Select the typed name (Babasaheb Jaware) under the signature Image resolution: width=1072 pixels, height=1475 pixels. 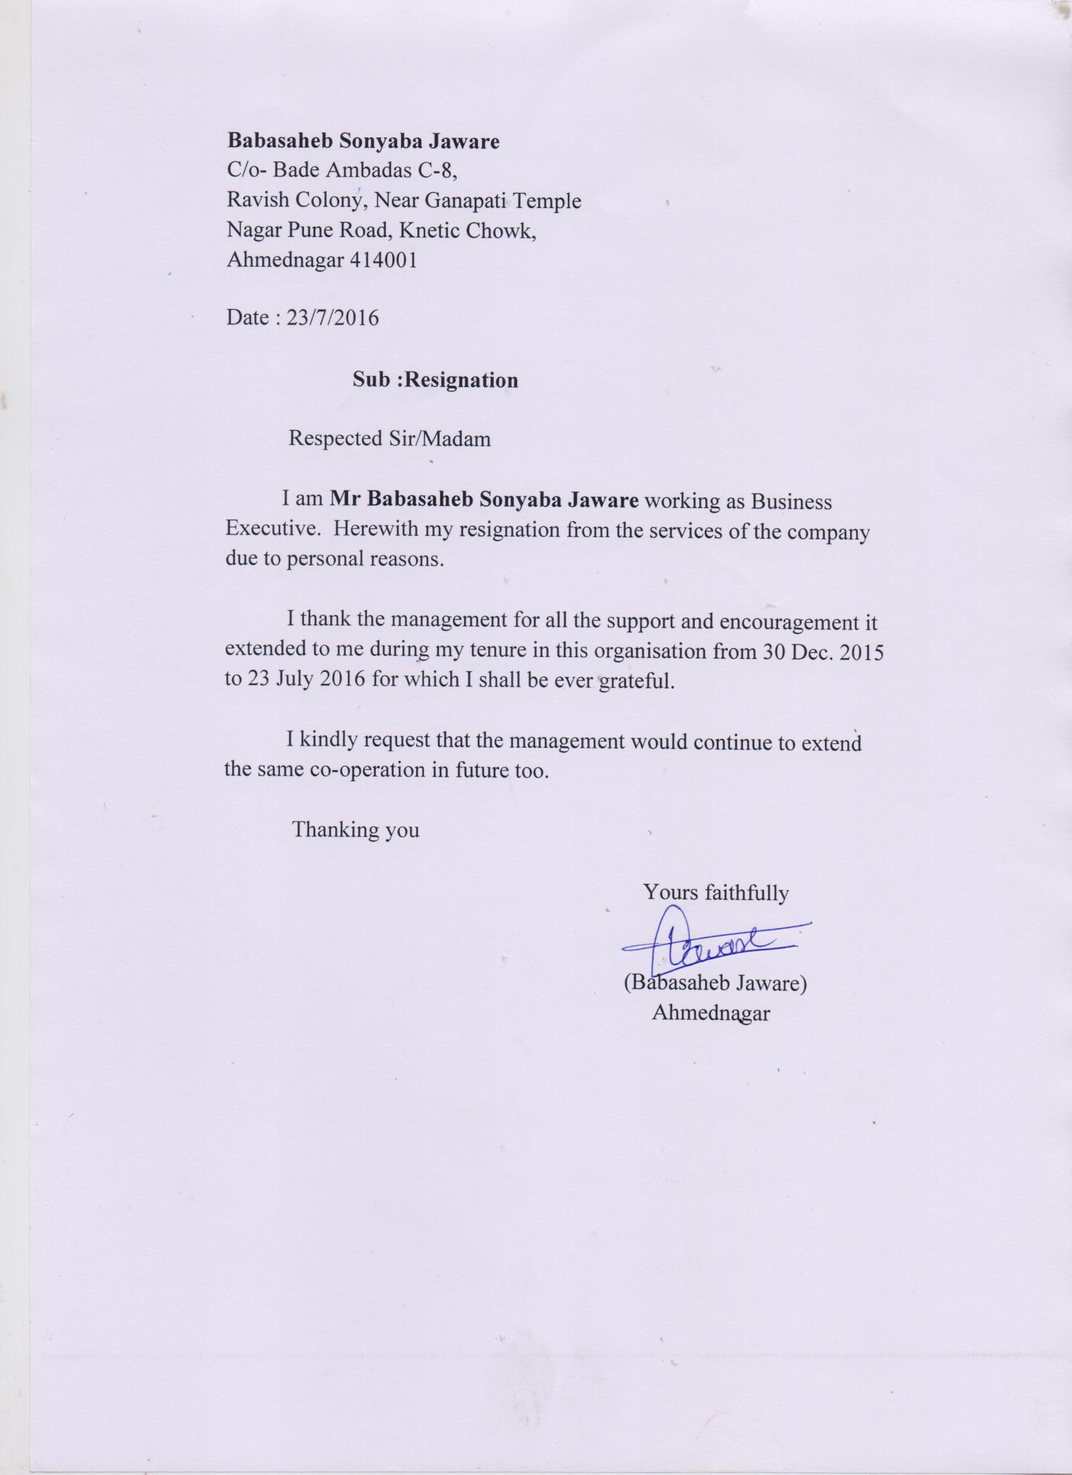click(716, 984)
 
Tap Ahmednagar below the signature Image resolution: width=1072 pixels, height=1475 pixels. click(711, 1013)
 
